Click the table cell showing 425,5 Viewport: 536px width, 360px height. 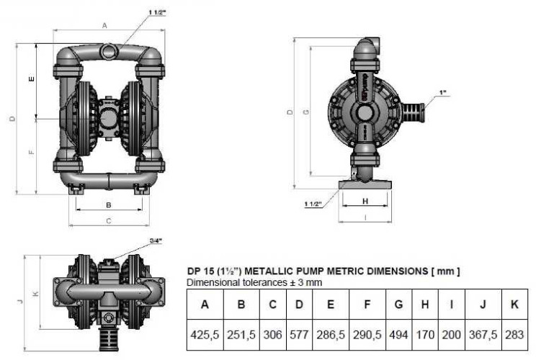(205, 335)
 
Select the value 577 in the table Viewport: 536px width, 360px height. (298, 335)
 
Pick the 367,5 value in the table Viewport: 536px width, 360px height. (483, 335)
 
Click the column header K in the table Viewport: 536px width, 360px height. (514, 305)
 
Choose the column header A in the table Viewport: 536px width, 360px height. (205, 305)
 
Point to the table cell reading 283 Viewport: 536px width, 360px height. (514, 335)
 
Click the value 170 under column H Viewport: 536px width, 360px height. (424, 335)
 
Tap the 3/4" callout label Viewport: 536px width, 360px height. (155, 240)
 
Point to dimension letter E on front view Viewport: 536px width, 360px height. (31, 80)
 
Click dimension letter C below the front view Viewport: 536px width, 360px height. (109, 221)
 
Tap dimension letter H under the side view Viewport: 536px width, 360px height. (365, 201)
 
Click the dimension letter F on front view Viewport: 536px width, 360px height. (31, 153)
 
